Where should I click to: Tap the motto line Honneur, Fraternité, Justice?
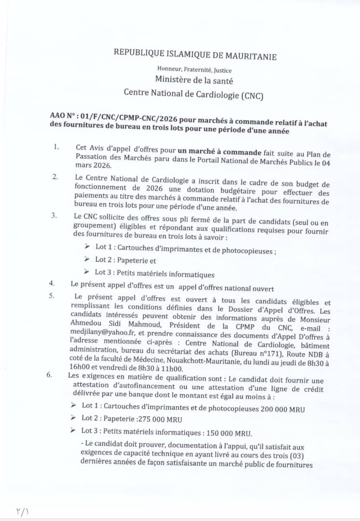(194, 70)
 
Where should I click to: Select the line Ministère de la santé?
(194, 80)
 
